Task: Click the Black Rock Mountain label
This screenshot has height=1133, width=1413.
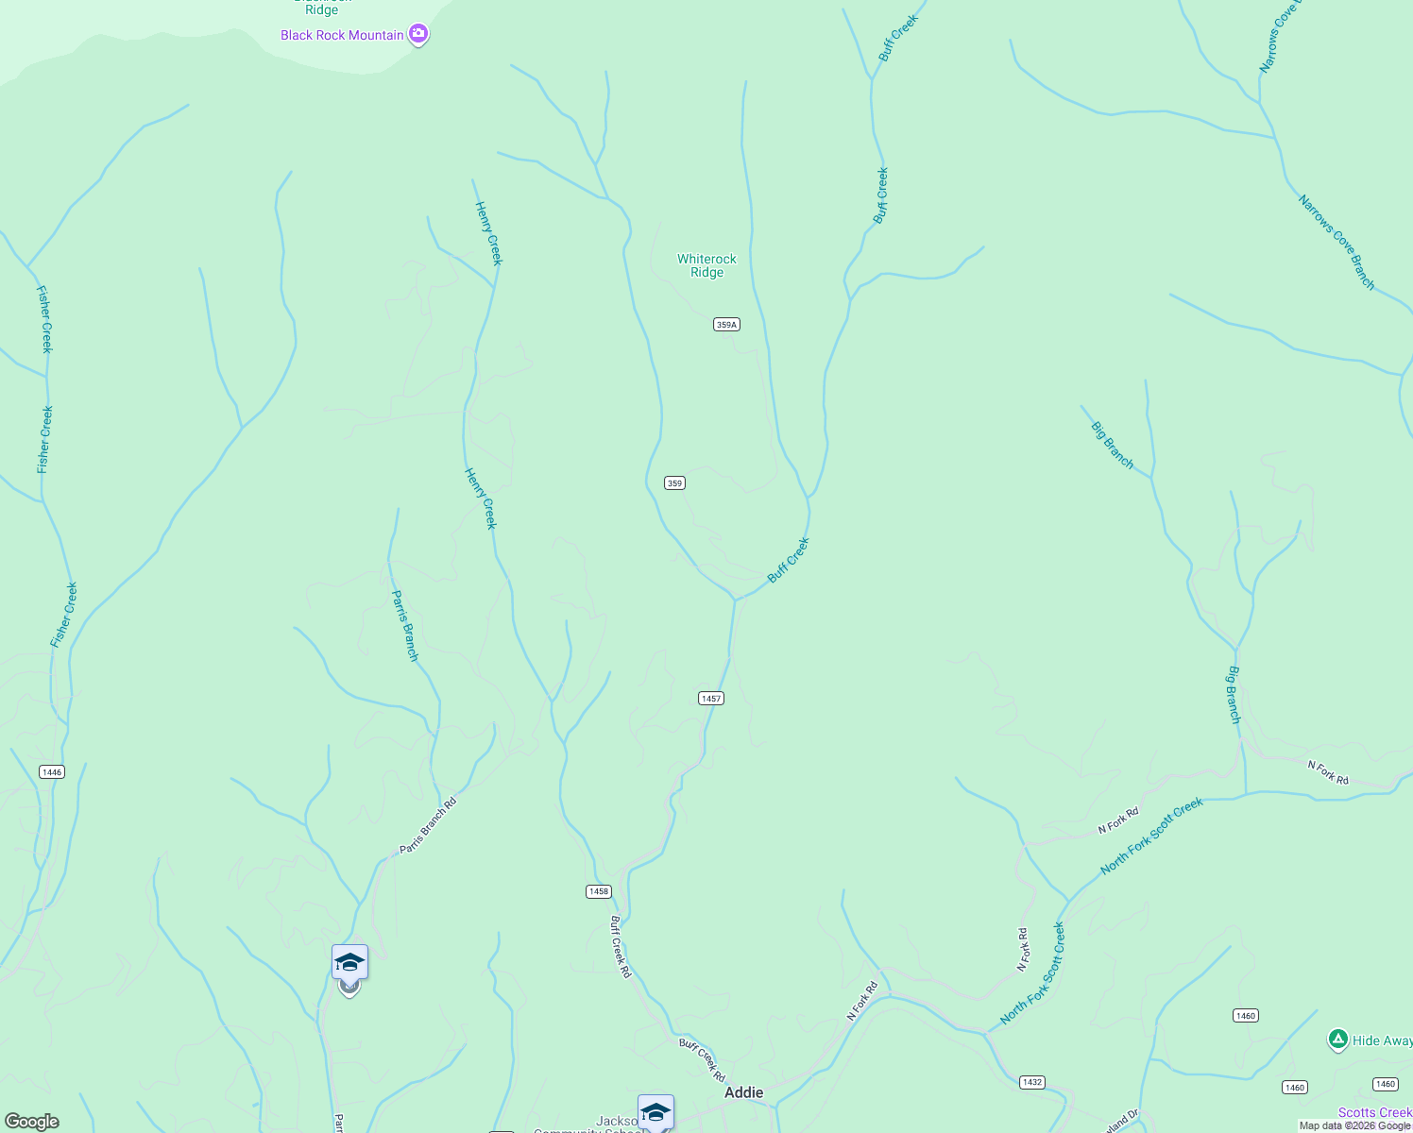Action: point(342,35)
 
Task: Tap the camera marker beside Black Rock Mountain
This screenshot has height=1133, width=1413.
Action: point(418,35)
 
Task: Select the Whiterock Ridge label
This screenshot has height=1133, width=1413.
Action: point(706,265)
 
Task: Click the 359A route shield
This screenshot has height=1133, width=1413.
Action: point(725,325)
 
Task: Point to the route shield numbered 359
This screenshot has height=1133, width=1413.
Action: point(674,483)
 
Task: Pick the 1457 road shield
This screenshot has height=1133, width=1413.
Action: point(711,699)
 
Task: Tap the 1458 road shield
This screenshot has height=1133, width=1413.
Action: point(599,891)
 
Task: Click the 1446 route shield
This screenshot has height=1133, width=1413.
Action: point(52,772)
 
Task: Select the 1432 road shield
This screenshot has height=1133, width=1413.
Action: point(1032,1082)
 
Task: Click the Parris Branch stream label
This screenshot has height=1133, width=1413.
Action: point(404,625)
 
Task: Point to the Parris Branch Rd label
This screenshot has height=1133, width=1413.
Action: point(428,826)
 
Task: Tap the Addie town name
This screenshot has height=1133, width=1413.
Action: point(743,1092)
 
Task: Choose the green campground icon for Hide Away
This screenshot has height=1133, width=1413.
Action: point(1337,1040)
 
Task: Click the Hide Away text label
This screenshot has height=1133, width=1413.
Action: point(1382,1040)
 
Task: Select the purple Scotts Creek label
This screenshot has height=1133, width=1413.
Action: point(1375,1113)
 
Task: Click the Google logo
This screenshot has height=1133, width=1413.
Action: point(31,1122)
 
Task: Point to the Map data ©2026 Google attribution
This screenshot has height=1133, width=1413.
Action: point(1354,1125)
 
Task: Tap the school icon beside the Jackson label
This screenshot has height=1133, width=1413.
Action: point(655,1112)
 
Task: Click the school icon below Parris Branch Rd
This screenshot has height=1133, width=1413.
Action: point(349,963)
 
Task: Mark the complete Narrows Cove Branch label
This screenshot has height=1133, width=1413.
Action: point(1336,243)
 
